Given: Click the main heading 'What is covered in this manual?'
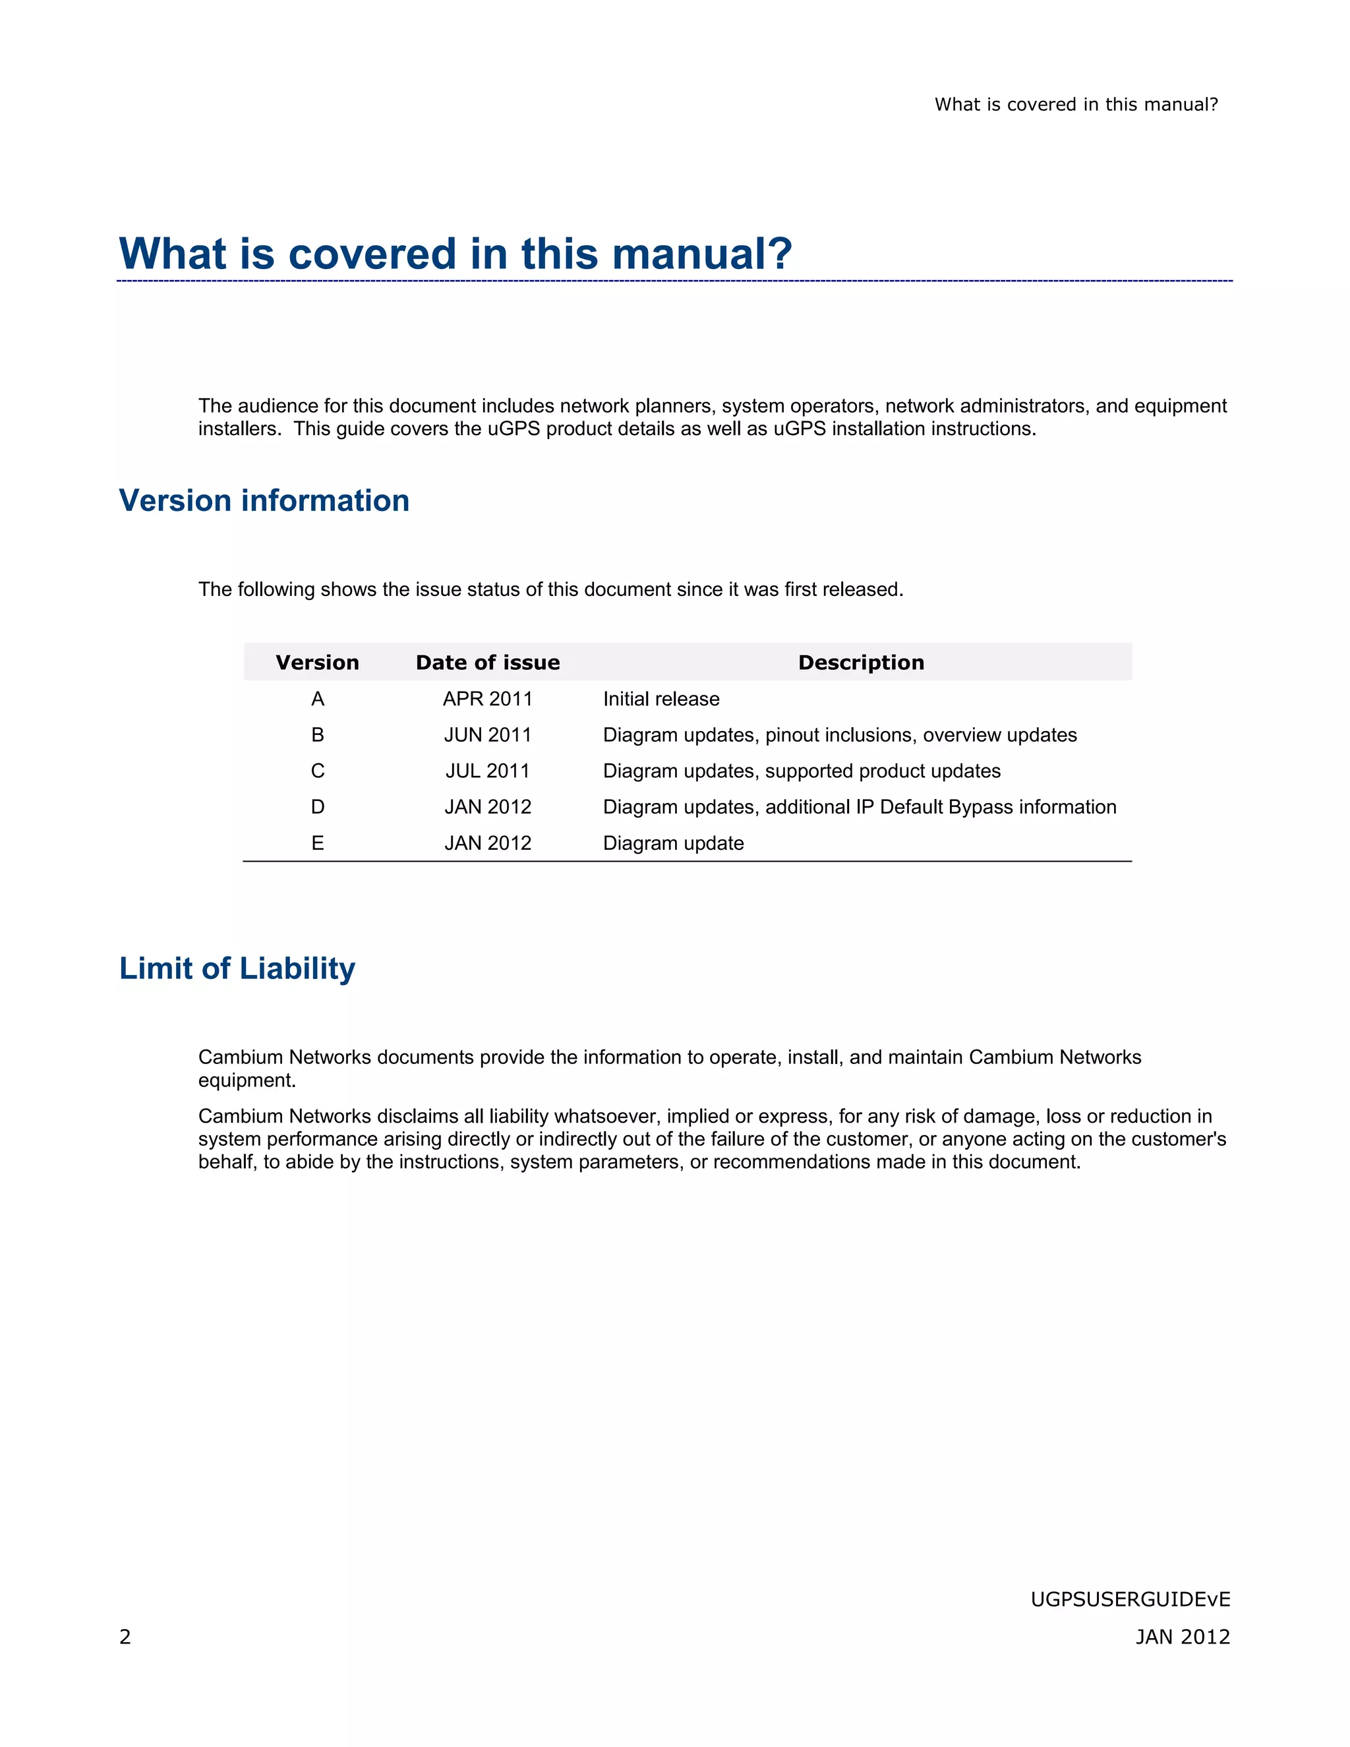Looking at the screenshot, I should [x=455, y=254].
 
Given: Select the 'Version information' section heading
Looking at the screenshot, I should [x=264, y=501].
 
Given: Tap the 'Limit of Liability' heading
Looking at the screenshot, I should [x=237, y=968].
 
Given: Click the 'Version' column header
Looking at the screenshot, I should [x=318, y=663].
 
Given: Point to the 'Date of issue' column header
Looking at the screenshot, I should [x=488, y=663].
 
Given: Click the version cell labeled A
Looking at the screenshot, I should [x=318, y=699].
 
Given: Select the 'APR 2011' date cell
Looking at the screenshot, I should [x=488, y=699].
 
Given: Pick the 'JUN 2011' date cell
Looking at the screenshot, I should [x=488, y=735].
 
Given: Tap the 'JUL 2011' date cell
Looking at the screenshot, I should [x=488, y=771].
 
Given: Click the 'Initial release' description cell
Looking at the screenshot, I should [x=660, y=699].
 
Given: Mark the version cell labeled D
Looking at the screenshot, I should [x=318, y=807].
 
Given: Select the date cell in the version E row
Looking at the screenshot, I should [x=488, y=843].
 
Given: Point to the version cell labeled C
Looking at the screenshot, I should [x=318, y=771].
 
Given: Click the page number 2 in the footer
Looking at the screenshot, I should [x=125, y=1637].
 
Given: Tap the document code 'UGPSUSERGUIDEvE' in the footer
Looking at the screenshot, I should [x=1130, y=1599].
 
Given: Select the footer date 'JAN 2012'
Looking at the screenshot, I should [x=1182, y=1637].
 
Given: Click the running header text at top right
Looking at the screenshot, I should [x=1076, y=105].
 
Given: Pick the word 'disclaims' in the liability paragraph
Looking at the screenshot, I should [x=417, y=1116].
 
